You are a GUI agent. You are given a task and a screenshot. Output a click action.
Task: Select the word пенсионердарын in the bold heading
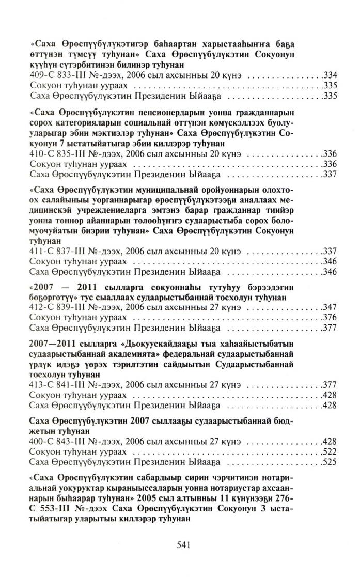tap(185, 115)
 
